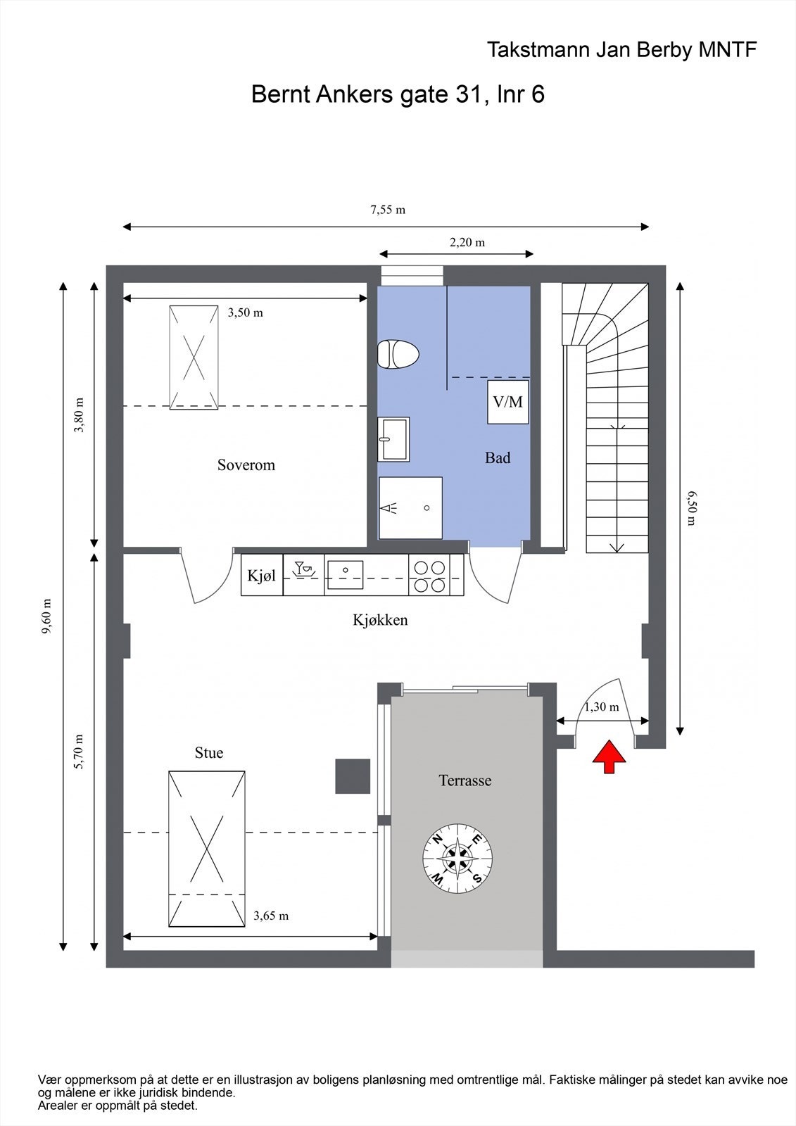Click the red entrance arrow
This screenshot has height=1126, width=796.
click(609, 756)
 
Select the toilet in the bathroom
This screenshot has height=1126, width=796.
click(398, 355)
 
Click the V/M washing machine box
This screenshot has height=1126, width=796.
click(508, 402)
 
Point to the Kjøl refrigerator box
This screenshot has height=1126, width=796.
click(262, 575)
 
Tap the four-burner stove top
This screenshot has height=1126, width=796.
click(429, 576)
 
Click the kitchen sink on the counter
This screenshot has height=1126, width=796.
click(345, 575)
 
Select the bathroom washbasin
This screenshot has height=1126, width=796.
click(393, 439)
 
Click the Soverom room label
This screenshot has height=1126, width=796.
click(246, 465)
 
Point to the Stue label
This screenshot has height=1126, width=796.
click(209, 752)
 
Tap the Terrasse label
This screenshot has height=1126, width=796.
click(465, 780)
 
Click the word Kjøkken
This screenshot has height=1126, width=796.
click(380, 620)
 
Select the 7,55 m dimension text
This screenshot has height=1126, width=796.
click(388, 210)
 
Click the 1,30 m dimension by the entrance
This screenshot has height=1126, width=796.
click(602, 707)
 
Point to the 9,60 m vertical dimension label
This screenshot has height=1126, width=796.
click(46, 616)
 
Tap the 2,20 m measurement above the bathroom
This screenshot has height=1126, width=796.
click(467, 242)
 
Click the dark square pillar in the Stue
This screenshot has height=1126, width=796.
click(353, 776)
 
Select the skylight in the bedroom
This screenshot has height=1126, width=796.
click(194, 358)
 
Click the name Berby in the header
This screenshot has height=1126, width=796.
click(666, 50)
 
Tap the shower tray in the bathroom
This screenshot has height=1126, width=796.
click(411, 507)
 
